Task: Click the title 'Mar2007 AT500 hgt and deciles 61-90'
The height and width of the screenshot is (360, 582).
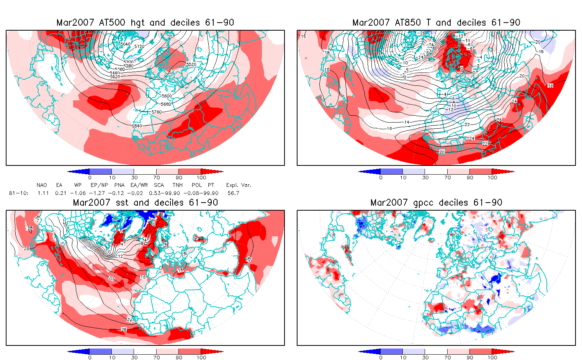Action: (145, 23)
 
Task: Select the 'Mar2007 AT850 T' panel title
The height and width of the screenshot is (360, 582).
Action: (436, 23)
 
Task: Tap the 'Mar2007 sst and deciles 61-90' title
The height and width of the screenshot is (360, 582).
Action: (145, 203)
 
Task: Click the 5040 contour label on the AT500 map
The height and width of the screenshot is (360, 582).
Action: (125, 44)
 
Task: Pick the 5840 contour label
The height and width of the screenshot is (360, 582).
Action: (137, 126)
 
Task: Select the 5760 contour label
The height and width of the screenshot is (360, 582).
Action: (157, 112)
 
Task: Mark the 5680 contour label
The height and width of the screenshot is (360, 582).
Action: (166, 104)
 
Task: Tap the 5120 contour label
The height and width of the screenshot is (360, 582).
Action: (139, 47)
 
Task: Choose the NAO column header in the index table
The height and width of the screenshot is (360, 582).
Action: (42, 185)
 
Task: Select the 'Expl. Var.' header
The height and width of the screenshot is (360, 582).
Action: (239, 185)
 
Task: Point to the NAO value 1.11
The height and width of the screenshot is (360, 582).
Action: (43, 193)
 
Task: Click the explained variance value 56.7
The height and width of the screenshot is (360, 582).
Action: (233, 193)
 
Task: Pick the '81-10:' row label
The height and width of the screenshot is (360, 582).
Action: (18, 193)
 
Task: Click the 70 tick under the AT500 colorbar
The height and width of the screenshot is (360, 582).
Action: (156, 177)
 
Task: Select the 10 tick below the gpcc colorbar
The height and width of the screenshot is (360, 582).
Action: (403, 357)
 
